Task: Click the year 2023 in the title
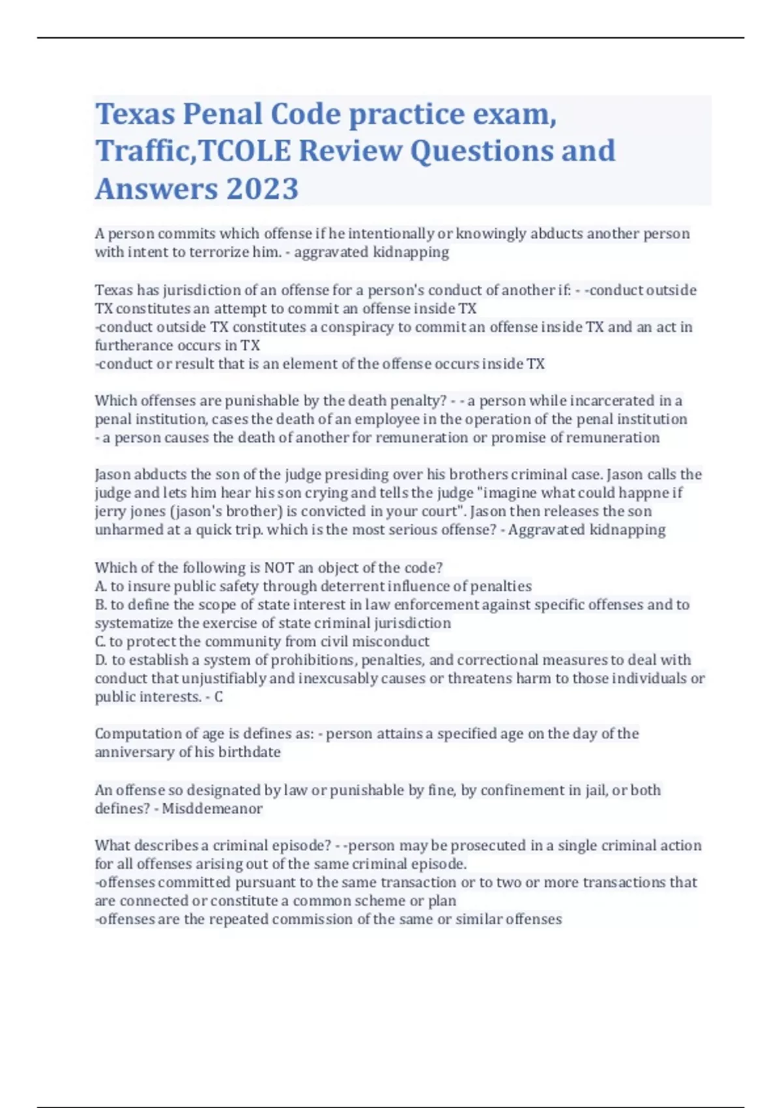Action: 262,189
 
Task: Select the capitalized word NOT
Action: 278,568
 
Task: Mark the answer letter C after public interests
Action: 218,697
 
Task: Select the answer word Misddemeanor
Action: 212,809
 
